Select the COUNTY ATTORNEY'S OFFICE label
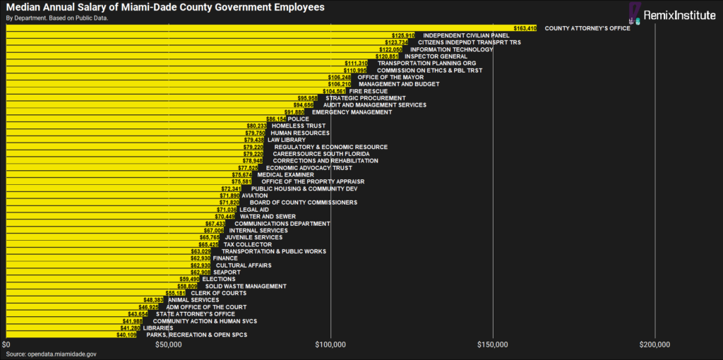[x=587, y=28]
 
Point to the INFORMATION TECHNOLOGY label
[x=451, y=49]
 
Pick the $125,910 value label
[x=402, y=35]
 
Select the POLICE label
[x=298, y=119]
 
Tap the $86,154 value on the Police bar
[x=275, y=119]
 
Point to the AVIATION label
[x=254, y=196]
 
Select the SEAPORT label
[x=226, y=272]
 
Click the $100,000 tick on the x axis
[x=330, y=344]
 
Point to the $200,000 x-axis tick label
[x=655, y=344]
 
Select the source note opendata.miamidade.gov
[x=51, y=354]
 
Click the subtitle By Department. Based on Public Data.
[x=57, y=18]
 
